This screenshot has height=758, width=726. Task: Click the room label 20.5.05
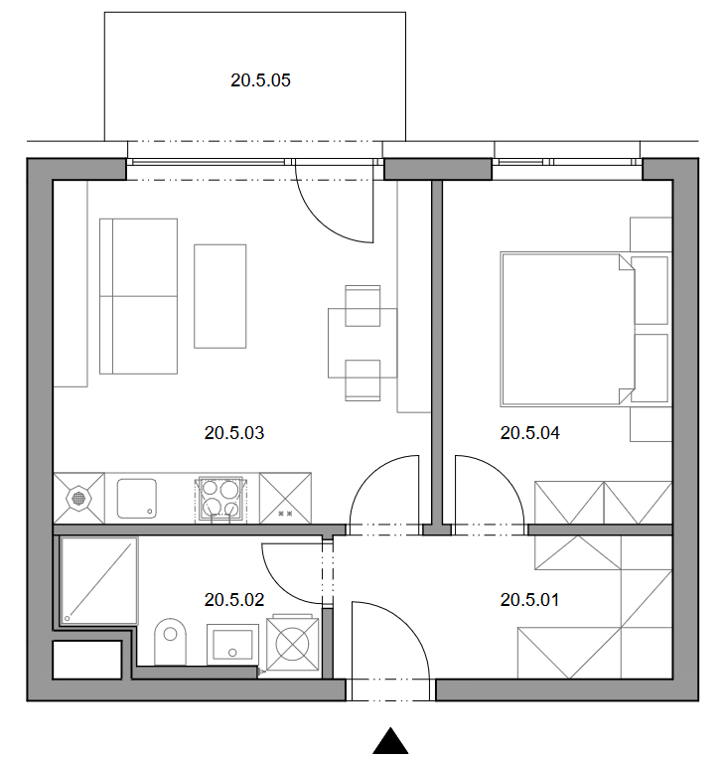[x=260, y=80]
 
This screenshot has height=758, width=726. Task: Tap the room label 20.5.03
[x=234, y=433]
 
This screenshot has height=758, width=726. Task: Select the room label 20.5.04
[x=529, y=433]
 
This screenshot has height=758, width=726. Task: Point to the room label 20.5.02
[x=234, y=600]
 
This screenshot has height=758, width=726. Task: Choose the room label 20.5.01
[x=529, y=600]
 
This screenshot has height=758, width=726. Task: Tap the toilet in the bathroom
[x=170, y=642]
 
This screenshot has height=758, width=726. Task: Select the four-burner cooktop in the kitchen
[x=220, y=500]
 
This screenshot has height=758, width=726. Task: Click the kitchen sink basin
[x=137, y=499]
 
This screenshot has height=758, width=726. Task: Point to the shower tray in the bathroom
[x=99, y=580]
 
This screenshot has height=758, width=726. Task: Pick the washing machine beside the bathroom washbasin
[x=292, y=643]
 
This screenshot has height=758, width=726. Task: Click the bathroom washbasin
[x=233, y=644]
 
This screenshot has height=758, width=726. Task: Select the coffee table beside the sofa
[x=219, y=296]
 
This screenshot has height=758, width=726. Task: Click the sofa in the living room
[x=138, y=296]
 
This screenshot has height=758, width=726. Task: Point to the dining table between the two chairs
[x=363, y=343]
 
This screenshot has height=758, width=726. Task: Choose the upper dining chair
[x=363, y=306]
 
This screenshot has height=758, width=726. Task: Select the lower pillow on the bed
[x=651, y=368]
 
